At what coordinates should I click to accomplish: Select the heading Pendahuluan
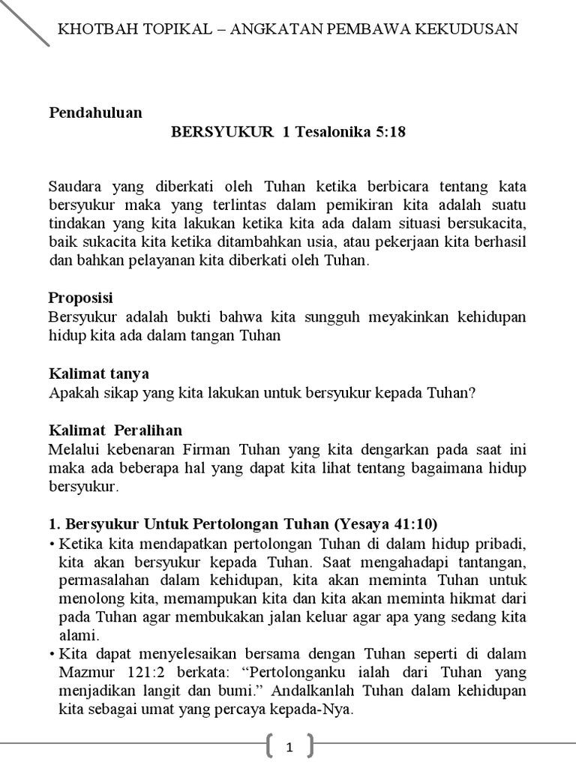click(x=95, y=113)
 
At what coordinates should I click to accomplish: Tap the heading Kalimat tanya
click(x=99, y=373)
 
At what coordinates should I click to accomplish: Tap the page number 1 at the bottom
click(x=289, y=747)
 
